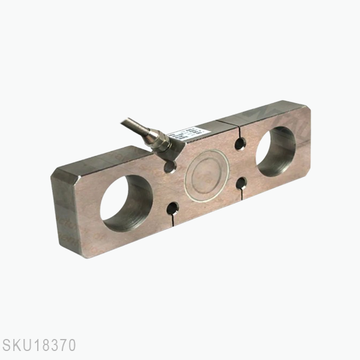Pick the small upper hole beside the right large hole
click(240, 143)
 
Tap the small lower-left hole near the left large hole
click(173, 208)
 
